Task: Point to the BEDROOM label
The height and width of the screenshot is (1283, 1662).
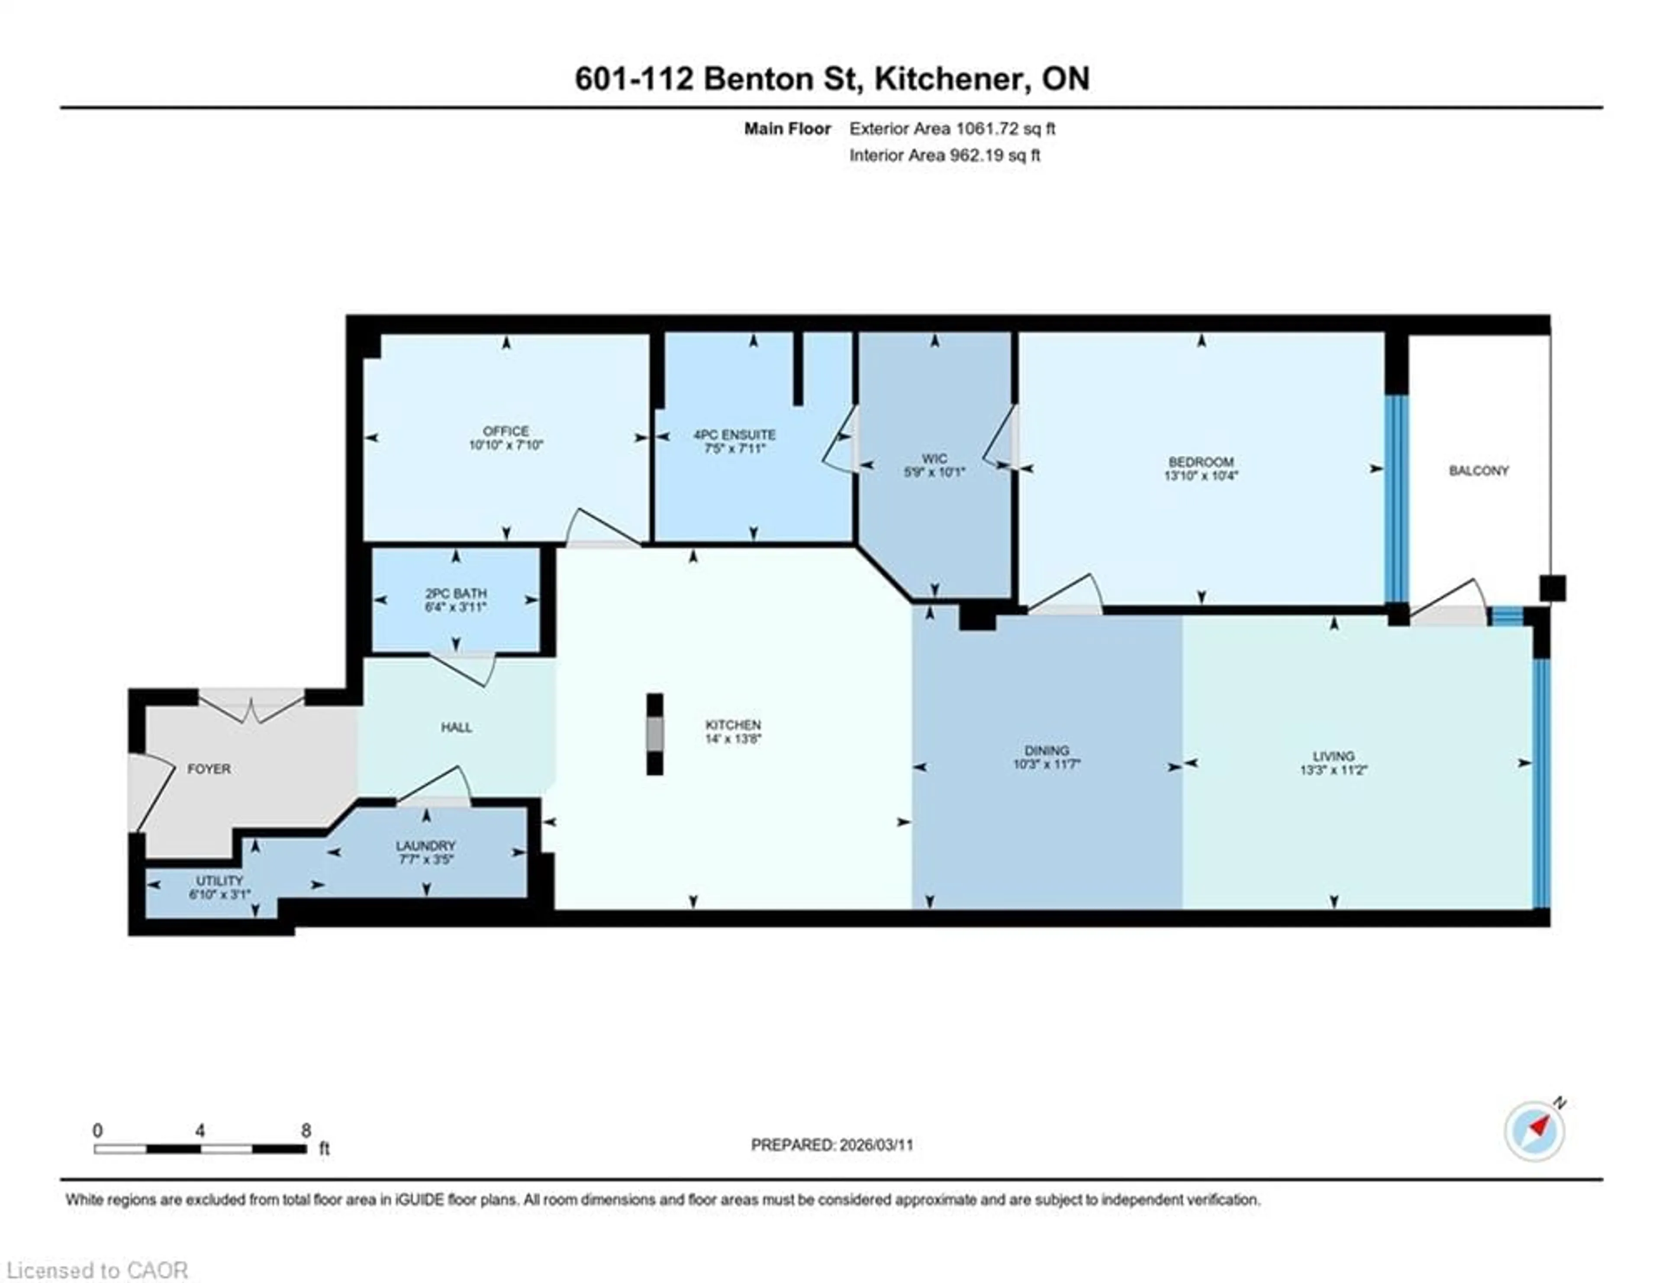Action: click(x=1201, y=462)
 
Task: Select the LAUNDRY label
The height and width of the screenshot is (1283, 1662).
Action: click(x=425, y=845)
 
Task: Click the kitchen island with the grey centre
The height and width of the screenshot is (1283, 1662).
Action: click(x=654, y=734)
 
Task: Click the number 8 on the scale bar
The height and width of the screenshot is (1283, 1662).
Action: click(x=306, y=1130)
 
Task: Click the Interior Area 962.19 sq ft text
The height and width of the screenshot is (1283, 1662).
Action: click(x=944, y=155)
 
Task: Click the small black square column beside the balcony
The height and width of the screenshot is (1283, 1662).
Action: click(x=1552, y=588)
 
